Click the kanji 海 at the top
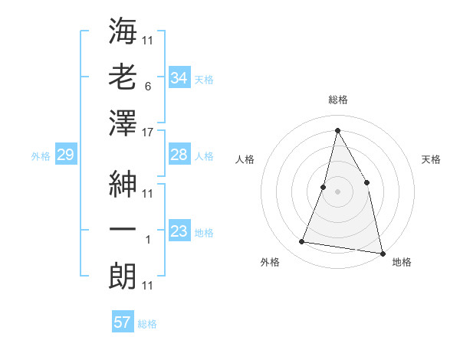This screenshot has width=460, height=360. [x=123, y=31]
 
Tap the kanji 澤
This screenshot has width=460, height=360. [x=123, y=123]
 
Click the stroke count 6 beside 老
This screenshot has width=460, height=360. [x=147, y=87]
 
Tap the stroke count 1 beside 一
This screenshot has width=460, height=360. [x=147, y=240]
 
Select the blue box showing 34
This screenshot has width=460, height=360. [x=179, y=78]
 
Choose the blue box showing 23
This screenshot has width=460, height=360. [x=179, y=231]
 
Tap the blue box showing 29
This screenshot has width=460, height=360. [x=65, y=155]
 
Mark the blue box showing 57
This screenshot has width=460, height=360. [x=123, y=322]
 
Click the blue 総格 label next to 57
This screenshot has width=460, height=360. [x=147, y=324]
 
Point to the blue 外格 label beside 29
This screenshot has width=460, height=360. [x=41, y=156]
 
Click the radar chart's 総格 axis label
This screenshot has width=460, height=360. [x=337, y=100]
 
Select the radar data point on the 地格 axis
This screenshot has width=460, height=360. [x=382, y=253]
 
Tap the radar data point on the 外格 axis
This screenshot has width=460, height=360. [x=302, y=242]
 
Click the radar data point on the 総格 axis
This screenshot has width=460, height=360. [x=337, y=129]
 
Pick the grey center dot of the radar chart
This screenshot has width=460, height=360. [x=337, y=191]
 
